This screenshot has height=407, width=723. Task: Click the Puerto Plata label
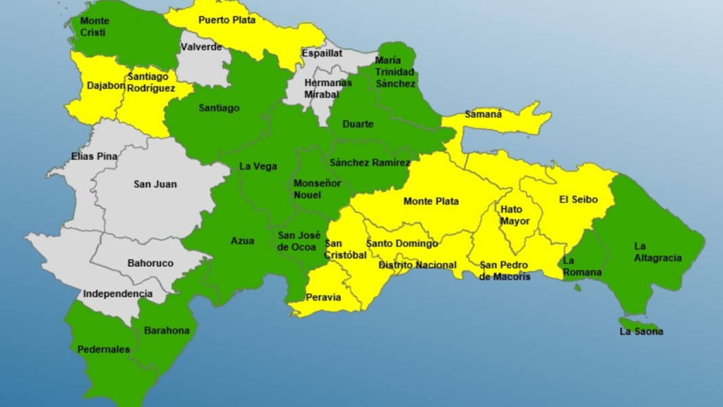click(227, 20)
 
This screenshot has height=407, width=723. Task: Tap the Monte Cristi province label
click(95, 26)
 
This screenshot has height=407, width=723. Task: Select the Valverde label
click(201, 47)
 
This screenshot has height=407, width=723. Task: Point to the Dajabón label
click(106, 86)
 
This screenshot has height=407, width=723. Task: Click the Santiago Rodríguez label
click(151, 83)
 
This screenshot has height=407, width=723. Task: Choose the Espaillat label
click(322, 53)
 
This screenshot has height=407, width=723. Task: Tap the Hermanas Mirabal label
click(328, 88)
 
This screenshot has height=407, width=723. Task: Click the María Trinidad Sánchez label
click(396, 72)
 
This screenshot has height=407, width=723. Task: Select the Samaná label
click(483, 114)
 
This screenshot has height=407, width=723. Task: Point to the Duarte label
click(357, 125)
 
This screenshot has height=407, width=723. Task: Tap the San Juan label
click(155, 184)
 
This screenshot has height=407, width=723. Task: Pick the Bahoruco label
click(150, 263)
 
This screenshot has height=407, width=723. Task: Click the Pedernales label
click(104, 349)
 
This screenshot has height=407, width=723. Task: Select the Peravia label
click(324, 297)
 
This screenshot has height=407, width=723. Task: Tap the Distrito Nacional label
click(417, 265)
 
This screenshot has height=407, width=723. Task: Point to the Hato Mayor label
click(515, 215)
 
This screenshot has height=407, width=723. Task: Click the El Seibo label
click(579, 199)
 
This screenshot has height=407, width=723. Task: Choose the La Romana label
click(582, 266)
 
